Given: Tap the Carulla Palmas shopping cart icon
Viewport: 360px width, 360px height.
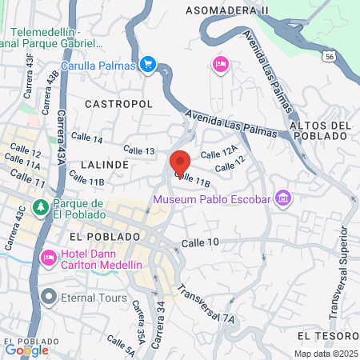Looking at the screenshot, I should click(x=147, y=64).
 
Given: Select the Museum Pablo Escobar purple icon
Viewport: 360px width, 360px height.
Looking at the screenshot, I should click(x=282, y=197).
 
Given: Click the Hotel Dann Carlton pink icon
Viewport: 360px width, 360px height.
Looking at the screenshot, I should click(x=47, y=258).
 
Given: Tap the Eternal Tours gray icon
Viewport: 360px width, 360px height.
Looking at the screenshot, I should click(x=48, y=298).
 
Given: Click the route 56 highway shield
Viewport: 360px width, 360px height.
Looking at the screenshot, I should click(x=330, y=56).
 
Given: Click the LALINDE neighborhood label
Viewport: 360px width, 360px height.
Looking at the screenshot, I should click(x=105, y=164).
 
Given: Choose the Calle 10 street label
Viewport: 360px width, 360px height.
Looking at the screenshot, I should click(x=200, y=242).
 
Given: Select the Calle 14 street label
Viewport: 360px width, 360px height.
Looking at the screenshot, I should click(x=86, y=139).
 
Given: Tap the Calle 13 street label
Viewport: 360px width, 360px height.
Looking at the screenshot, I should click(x=138, y=150).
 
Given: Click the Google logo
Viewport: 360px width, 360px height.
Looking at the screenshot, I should click(x=26, y=350).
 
